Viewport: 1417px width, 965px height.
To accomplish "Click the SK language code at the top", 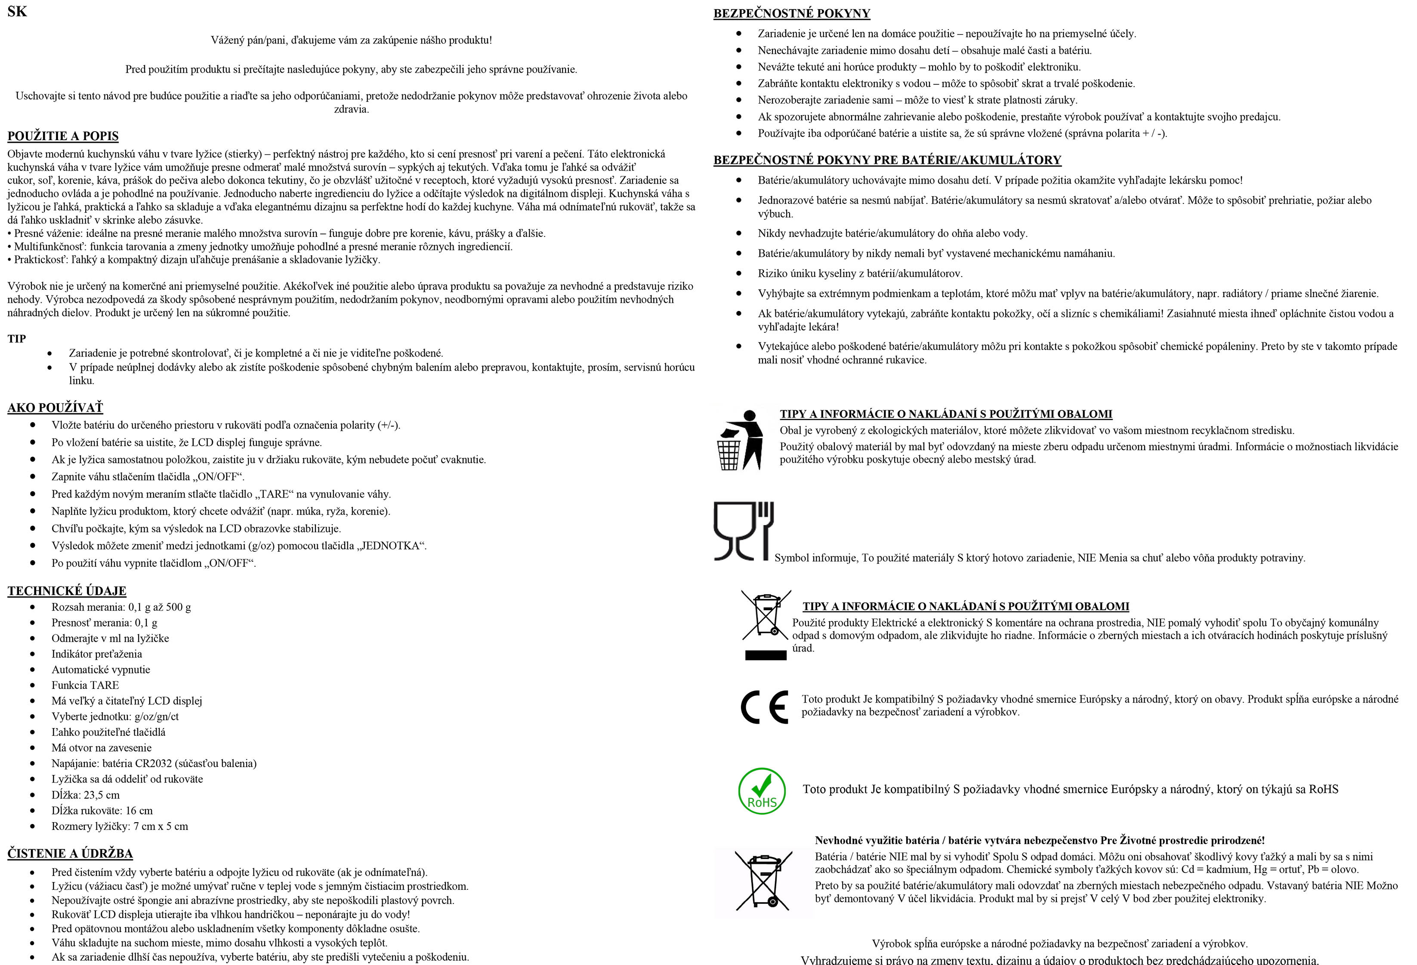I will (x=17, y=12).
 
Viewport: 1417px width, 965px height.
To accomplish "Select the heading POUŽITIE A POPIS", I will (x=63, y=136).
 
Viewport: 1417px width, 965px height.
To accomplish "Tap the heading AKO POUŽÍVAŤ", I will (x=55, y=408).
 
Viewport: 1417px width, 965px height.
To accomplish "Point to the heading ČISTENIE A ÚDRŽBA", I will (x=70, y=853).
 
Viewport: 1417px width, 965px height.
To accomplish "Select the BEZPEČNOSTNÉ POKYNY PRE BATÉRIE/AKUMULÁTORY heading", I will (x=887, y=160).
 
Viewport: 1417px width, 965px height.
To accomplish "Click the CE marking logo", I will (x=764, y=707).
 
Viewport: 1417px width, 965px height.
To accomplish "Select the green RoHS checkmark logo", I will (x=762, y=791).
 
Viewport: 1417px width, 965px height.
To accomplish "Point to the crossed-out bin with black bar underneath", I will (x=765, y=624).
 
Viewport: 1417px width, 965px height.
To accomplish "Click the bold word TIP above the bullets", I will (x=16, y=339).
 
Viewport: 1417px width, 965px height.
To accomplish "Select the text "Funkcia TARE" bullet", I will (x=85, y=685).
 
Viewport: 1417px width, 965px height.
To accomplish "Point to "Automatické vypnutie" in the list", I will (x=101, y=670).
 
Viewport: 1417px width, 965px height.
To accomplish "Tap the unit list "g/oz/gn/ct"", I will (x=157, y=716).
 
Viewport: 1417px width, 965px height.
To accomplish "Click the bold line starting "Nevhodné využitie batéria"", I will (x=1040, y=840).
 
